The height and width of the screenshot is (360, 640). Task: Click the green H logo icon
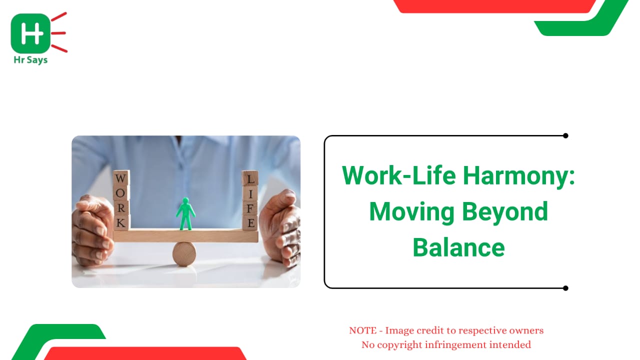(30, 33)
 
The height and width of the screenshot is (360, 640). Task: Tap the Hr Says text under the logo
(30, 60)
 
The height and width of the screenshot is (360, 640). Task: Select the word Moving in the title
(411, 211)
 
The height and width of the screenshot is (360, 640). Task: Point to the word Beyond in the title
(505, 211)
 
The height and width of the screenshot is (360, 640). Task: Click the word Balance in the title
(458, 247)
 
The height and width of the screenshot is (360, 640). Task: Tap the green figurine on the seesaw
(185, 213)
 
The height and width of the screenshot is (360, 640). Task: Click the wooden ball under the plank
(184, 254)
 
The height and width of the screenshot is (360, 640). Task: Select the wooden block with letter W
(121, 178)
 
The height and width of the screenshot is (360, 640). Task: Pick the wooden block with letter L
(250, 178)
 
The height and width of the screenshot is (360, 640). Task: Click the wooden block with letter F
(250, 208)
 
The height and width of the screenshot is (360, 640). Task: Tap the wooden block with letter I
(250, 193)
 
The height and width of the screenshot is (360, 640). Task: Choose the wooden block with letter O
(121, 193)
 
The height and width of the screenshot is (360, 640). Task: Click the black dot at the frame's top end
(565, 135)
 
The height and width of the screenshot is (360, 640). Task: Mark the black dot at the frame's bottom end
(565, 288)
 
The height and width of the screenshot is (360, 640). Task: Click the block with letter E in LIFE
(250, 223)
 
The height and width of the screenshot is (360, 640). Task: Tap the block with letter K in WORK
(121, 222)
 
